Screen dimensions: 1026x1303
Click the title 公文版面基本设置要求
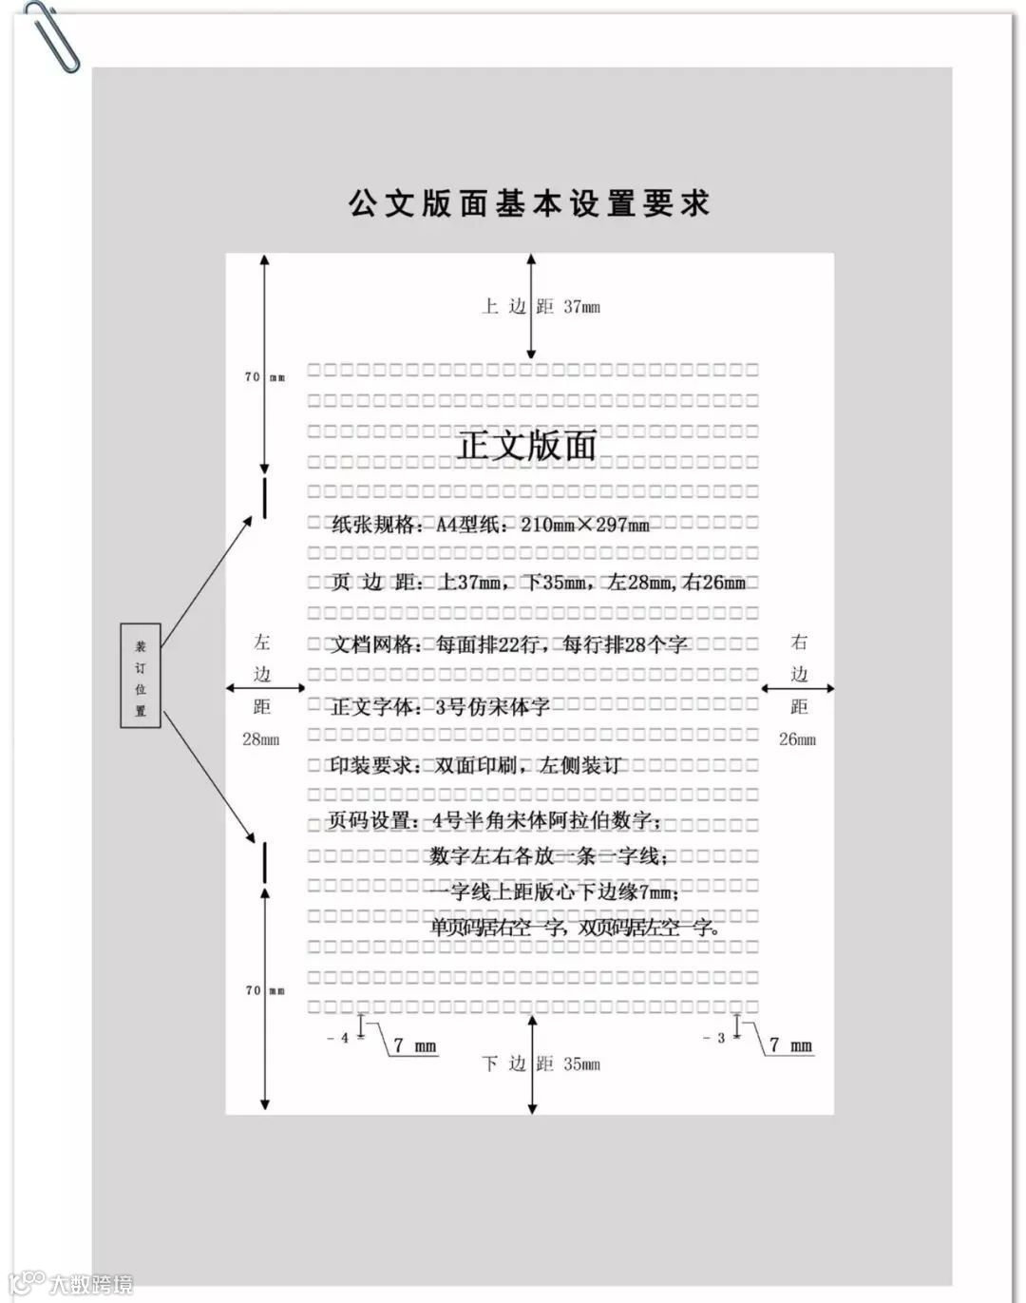(529, 203)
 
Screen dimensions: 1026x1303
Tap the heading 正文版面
(527, 445)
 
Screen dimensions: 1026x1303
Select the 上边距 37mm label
(541, 306)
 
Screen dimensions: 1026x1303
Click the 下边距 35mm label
(541, 1063)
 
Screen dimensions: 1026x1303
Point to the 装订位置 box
(141, 676)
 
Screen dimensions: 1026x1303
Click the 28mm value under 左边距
(261, 739)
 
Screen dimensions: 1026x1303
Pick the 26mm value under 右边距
(797, 739)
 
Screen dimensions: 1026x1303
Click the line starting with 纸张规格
(490, 524)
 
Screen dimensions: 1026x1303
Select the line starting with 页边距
(538, 583)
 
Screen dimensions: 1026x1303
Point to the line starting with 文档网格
(508, 644)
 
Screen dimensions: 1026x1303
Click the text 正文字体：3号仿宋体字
(439, 706)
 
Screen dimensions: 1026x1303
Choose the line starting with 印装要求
(474, 765)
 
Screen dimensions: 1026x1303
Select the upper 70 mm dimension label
(264, 377)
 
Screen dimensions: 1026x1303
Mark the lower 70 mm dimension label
(264, 990)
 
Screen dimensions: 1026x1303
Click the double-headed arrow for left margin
(265, 688)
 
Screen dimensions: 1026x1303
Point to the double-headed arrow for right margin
(798, 688)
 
